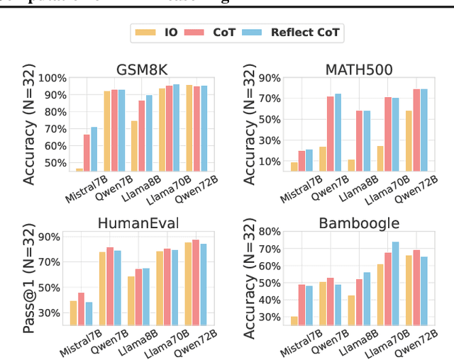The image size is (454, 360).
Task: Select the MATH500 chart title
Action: coord(359,69)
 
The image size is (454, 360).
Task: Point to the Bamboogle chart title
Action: coord(359,224)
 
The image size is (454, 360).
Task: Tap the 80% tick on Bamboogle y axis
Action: coord(269,232)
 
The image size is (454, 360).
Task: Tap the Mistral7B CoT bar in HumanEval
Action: coord(82,308)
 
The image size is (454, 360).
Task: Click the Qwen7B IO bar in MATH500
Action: coord(323,159)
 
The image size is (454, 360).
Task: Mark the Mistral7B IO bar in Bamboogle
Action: coord(294,320)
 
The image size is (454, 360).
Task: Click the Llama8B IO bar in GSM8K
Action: coord(135,146)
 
